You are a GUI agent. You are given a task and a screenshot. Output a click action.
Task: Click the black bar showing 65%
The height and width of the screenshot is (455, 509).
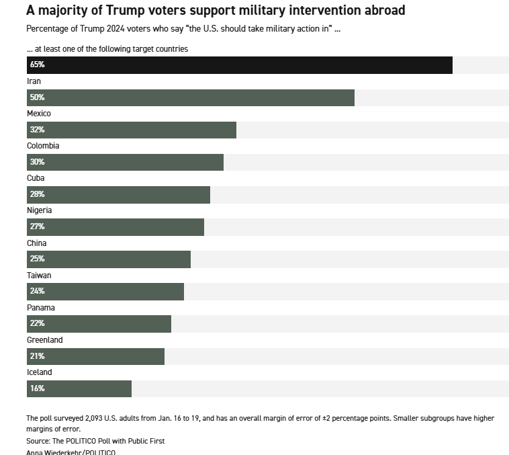(239, 65)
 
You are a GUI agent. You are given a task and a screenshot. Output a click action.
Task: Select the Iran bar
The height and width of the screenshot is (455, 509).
(190, 97)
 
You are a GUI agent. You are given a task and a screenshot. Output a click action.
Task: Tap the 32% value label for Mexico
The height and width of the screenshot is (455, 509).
(37, 130)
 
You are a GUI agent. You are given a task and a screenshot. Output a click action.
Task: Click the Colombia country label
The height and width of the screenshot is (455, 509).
(43, 146)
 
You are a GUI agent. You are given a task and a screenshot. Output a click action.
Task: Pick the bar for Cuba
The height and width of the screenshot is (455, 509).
(118, 194)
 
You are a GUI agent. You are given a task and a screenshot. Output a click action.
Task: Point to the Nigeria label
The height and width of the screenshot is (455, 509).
(39, 210)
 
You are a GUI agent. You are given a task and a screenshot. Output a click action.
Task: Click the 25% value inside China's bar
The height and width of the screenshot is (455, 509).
(37, 259)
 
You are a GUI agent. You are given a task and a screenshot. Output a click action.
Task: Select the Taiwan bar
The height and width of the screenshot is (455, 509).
(105, 291)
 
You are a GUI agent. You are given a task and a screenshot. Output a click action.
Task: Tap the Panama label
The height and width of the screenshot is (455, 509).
(40, 307)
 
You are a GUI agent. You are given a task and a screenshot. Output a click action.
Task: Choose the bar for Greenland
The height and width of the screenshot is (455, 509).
(95, 356)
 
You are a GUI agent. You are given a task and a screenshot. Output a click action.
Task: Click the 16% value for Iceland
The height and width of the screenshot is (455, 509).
(37, 388)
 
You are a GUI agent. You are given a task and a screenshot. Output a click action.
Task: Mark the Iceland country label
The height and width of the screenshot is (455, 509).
(39, 372)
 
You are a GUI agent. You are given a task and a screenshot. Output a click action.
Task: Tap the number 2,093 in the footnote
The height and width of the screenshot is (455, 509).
(98, 418)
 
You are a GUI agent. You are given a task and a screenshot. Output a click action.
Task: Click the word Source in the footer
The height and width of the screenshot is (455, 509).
(39, 441)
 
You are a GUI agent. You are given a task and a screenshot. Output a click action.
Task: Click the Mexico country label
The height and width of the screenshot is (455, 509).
(39, 114)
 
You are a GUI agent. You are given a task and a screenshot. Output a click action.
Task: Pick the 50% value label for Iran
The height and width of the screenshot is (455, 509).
(37, 97)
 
